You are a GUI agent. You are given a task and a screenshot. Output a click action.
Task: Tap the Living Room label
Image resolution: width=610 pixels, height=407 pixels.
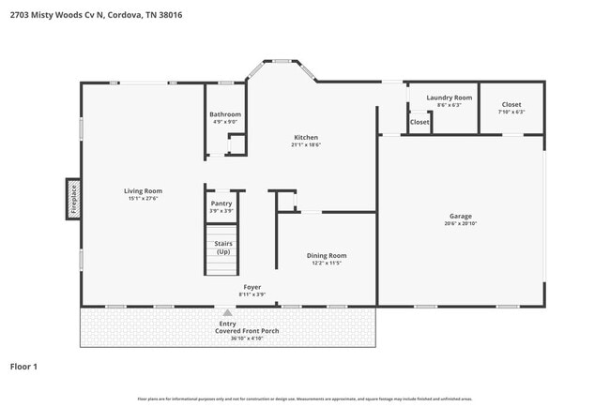144,191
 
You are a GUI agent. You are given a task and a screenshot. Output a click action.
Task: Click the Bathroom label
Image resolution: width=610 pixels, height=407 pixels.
225,114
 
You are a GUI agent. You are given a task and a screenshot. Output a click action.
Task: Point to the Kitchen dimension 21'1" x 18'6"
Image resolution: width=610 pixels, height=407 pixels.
306,145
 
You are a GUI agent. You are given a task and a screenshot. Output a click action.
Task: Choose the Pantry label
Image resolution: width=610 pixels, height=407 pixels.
221,203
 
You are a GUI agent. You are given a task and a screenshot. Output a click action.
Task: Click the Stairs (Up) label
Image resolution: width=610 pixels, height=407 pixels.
223,248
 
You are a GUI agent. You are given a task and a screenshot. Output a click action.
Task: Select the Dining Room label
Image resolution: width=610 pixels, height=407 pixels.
327,255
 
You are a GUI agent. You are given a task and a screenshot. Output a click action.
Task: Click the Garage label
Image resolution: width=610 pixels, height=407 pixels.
461,217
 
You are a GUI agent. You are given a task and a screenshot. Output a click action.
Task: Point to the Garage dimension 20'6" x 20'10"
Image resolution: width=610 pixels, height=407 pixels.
461,225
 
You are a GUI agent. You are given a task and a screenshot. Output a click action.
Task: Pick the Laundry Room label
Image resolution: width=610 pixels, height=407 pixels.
449,98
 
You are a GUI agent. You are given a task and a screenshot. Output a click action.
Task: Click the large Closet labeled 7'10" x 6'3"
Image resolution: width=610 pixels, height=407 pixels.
511,104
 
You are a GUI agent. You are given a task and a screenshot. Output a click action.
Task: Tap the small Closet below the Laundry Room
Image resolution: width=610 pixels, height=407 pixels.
419,122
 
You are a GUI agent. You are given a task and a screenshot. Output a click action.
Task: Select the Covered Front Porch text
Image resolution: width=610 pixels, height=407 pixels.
229,331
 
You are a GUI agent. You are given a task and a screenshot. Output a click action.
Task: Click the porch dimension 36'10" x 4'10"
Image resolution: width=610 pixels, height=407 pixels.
229,339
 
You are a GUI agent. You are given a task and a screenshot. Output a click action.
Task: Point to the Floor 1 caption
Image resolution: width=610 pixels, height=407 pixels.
23,366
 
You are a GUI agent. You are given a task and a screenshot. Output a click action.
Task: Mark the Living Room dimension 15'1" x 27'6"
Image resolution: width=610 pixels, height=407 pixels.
144,199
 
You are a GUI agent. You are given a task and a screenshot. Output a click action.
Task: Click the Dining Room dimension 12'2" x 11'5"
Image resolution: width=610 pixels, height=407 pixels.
327,264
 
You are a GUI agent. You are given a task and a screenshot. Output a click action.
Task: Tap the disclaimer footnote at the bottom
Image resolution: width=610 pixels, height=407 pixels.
305,399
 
